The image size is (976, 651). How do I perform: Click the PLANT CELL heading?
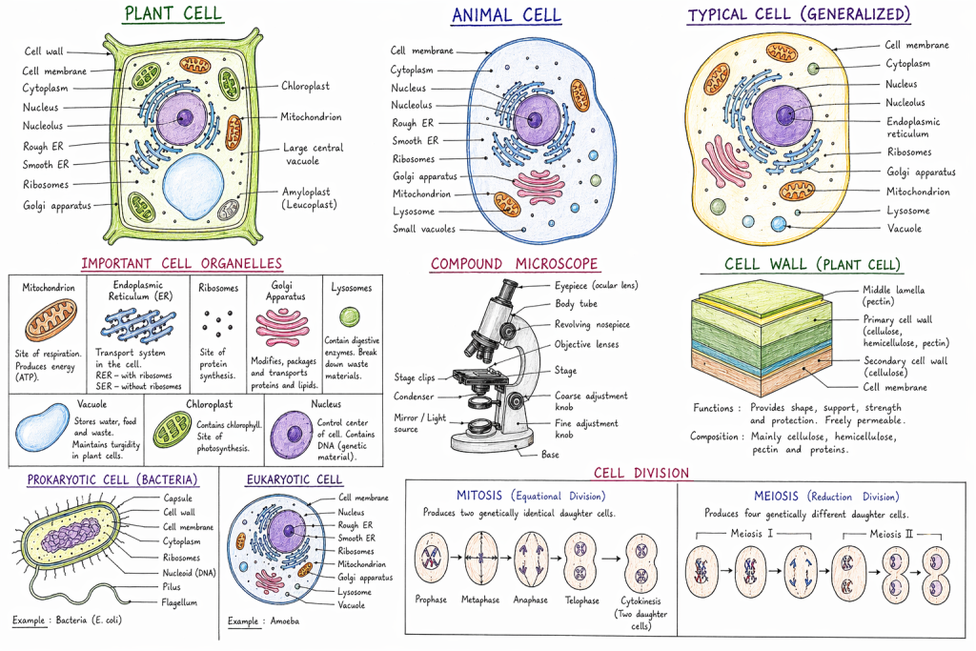173,13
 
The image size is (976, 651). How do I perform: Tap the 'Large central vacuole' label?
313,153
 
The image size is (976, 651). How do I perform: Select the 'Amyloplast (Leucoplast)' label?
310,198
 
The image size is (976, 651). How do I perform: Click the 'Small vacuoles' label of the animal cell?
424,229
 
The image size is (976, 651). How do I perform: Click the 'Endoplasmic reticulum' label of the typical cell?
912,127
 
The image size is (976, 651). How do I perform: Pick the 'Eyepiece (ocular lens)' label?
597,286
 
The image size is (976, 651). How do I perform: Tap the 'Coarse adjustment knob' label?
591,401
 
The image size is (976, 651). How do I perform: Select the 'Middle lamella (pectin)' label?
893,295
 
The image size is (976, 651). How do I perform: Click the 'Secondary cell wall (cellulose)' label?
905,367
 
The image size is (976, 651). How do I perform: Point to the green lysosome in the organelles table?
350,316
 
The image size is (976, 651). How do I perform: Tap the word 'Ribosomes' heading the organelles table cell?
218,288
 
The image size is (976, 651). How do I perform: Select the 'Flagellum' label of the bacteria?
179,602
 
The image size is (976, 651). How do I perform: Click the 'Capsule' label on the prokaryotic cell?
178,498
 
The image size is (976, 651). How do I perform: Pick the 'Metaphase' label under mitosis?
480,600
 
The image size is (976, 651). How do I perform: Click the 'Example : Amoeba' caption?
263,620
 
